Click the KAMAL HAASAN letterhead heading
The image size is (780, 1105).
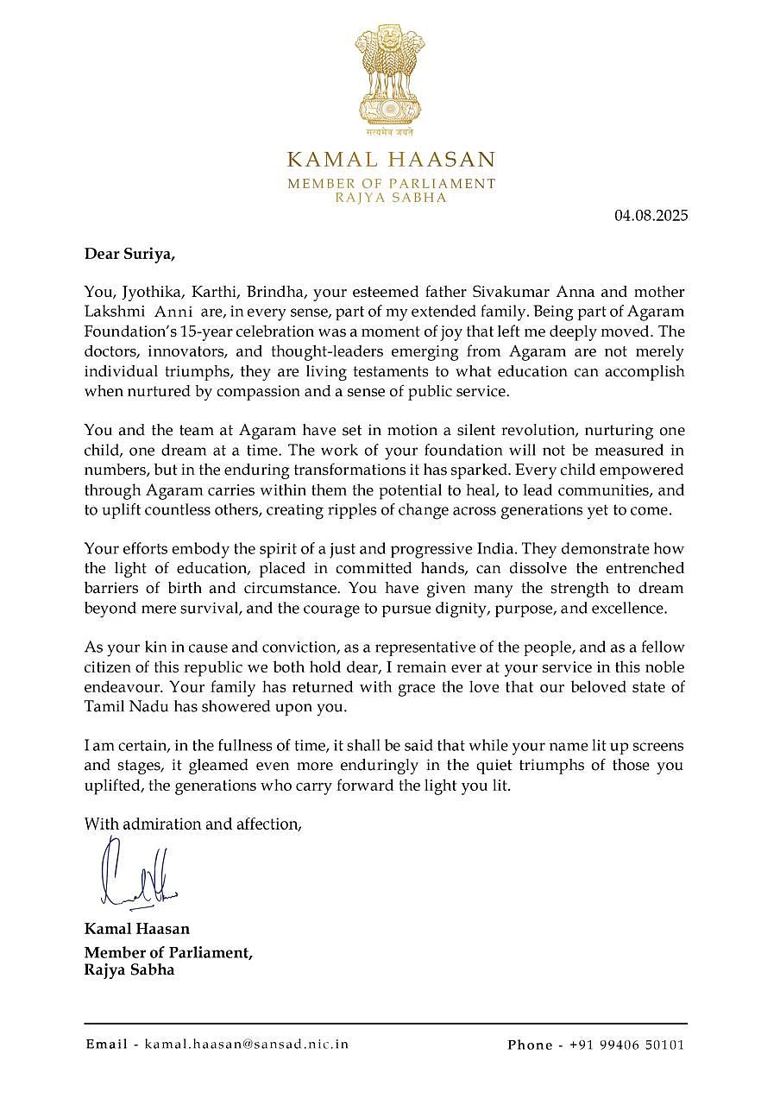391,160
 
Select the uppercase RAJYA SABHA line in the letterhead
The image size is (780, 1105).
391,198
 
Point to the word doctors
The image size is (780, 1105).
111,350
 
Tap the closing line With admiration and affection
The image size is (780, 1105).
192,824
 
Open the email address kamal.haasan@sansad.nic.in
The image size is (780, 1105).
247,1044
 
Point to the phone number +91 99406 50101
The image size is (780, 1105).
626,1045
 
